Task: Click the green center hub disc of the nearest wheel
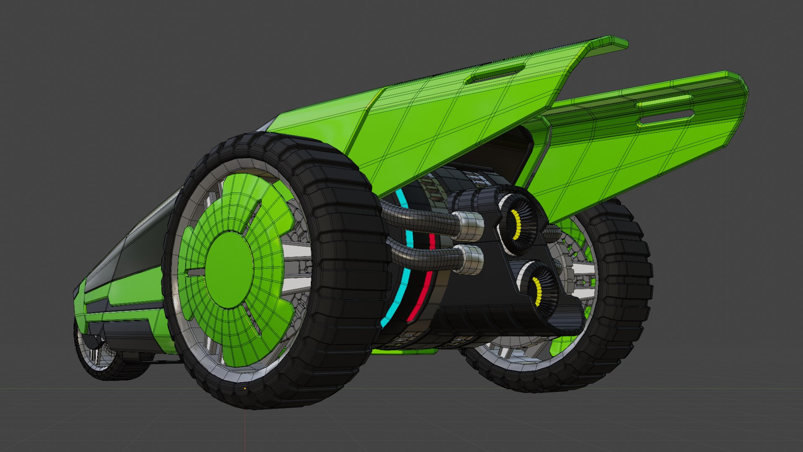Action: pyautogui.click(x=229, y=270)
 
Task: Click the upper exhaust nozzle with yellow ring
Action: pyautogui.click(x=517, y=226)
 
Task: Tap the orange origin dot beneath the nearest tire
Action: pyautogui.click(x=245, y=388)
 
